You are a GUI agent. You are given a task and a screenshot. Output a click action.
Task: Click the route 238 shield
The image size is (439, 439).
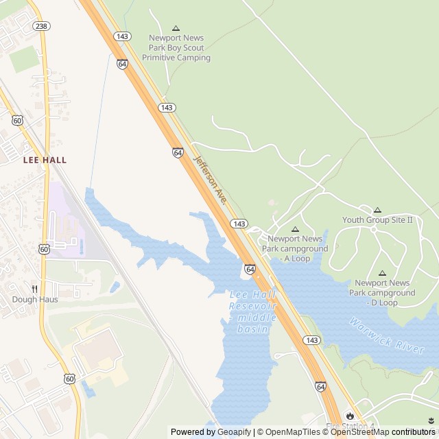coord(41,26)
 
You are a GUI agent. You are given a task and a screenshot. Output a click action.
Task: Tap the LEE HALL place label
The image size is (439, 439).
coord(45,160)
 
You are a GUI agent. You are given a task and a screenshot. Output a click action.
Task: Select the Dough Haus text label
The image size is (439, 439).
coord(35,299)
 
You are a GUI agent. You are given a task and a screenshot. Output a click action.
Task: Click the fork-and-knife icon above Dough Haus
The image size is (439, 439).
coord(34,289)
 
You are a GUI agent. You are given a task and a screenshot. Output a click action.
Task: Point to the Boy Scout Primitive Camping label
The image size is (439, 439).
coord(176,48)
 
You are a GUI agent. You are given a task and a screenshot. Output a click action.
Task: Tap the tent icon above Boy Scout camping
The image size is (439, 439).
coord(176,28)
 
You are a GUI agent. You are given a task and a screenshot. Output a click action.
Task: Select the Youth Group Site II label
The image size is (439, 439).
coord(378,220)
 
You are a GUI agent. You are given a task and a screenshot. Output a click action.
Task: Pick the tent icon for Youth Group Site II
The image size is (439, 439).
coord(377,210)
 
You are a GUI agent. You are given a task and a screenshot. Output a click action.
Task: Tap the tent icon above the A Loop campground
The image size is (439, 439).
coord(295,230)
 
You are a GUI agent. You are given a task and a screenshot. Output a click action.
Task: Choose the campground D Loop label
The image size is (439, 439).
coord(382,292)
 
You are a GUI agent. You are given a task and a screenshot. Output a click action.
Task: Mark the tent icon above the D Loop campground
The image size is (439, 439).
coord(382,273)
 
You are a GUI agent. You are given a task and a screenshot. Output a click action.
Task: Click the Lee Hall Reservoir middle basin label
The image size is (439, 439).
coord(252,311)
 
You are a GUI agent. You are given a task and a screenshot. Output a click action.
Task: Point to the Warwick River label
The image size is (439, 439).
coord(386,335)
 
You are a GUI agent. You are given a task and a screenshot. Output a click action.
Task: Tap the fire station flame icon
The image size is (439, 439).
coord(351,416)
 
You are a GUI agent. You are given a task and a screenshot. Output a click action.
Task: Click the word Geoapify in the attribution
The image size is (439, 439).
coord(234,432)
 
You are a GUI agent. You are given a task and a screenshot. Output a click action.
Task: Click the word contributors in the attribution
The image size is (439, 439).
coord(414,432)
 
